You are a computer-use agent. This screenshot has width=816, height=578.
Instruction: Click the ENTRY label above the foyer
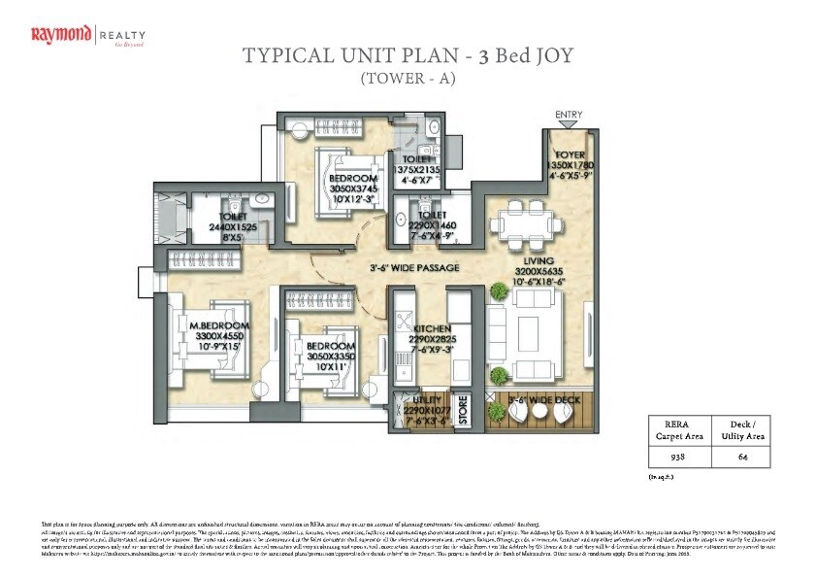pyautogui.click(x=569, y=115)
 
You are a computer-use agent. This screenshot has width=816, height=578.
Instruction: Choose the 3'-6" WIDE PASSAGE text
pyautogui.click(x=413, y=267)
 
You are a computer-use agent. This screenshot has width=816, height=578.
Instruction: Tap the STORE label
pyautogui.click(x=463, y=408)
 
